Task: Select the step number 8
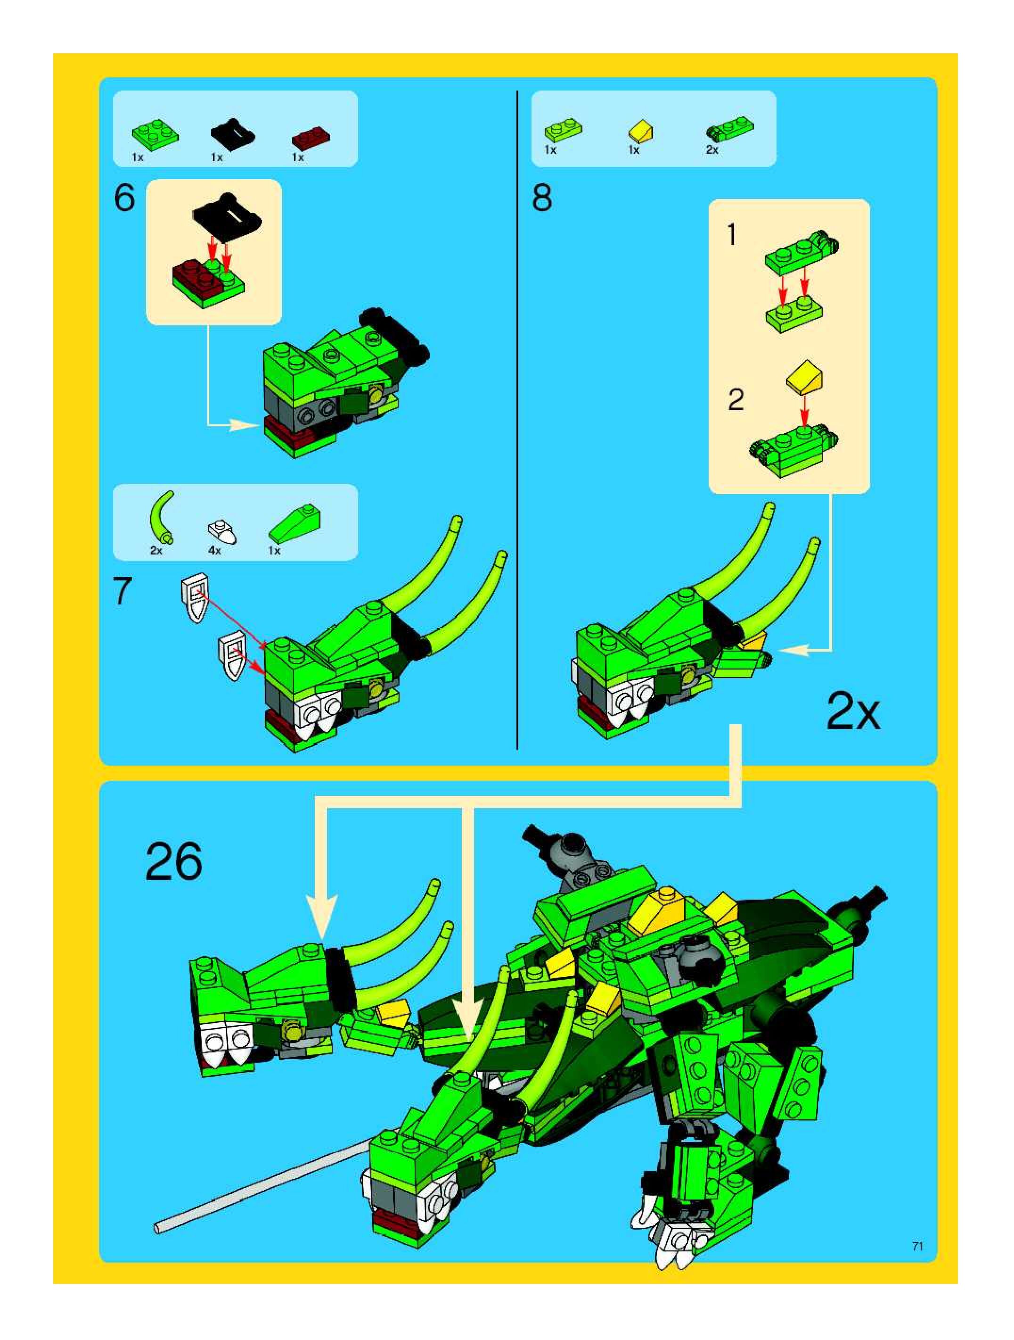click(x=542, y=198)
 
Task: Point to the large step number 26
click(x=174, y=861)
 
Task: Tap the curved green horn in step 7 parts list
click(x=161, y=517)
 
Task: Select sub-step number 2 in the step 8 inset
click(x=736, y=400)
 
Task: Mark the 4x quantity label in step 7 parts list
click(x=215, y=551)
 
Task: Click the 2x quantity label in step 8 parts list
click(x=712, y=149)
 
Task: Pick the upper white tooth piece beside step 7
click(x=195, y=597)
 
